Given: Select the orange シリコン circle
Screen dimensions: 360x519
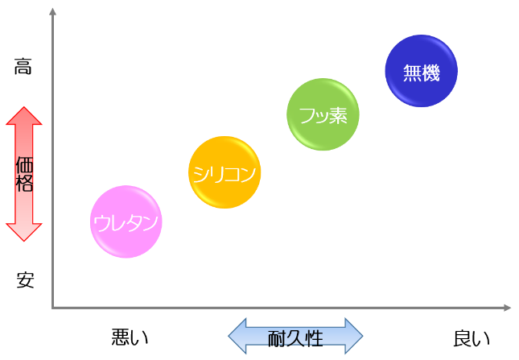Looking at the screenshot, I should click(x=225, y=172).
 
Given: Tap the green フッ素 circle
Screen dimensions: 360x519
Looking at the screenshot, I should click(x=322, y=116).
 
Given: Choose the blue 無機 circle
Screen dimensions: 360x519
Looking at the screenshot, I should click(x=422, y=72).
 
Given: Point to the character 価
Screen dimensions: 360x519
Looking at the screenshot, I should click(x=24, y=165).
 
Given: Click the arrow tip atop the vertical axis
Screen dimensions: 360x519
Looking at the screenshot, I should click(x=52, y=11).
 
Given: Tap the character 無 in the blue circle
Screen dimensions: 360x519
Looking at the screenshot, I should click(x=412, y=72).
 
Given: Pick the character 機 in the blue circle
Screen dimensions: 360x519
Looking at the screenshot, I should click(x=431, y=72).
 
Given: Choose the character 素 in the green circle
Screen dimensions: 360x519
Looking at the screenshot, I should click(x=339, y=116).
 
